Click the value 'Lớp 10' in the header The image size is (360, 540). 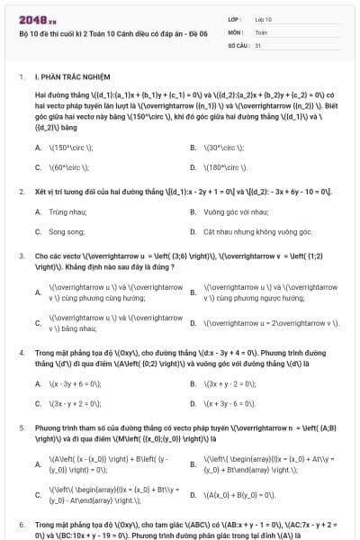(263, 18)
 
